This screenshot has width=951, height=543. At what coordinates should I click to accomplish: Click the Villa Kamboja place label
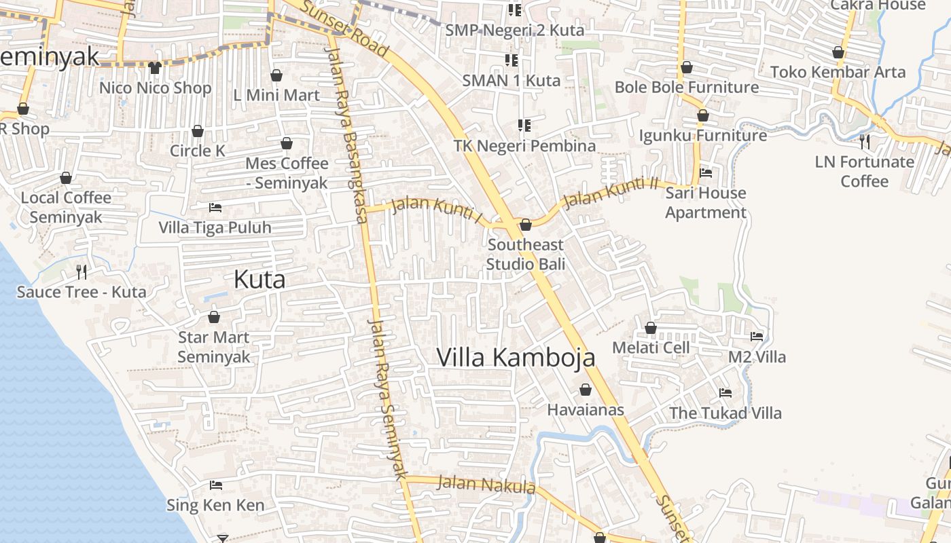click(516, 358)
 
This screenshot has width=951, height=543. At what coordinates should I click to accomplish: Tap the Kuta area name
click(259, 280)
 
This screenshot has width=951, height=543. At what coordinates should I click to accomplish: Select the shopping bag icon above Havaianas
click(585, 390)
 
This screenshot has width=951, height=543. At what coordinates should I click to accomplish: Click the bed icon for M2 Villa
click(756, 337)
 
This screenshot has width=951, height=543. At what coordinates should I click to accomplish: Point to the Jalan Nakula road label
click(486, 485)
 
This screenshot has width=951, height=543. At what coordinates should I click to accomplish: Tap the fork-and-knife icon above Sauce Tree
click(82, 272)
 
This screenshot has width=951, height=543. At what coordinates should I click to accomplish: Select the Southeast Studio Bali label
click(526, 255)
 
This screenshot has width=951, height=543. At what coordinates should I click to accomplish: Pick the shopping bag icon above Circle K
click(198, 131)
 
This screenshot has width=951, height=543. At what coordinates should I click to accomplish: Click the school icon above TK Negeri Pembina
click(524, 125)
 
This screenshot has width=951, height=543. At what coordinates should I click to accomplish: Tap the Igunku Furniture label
click(703, 136)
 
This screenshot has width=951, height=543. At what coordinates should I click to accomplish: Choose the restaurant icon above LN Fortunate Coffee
click(864, 142)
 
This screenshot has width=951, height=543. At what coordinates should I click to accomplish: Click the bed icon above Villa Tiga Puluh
click(215, 207)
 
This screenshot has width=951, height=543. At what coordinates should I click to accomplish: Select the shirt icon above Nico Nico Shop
click(155, 67)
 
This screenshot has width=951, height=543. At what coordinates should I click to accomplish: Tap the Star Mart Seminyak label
click(214, 347)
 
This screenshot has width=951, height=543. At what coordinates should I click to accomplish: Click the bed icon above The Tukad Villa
click(725, 393)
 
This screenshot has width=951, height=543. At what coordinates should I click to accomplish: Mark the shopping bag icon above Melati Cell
click(651, 329)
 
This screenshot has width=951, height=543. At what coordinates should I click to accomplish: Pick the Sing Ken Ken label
click(215, 505)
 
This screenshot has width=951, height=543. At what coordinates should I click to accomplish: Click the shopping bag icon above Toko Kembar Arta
click(838, 53)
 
